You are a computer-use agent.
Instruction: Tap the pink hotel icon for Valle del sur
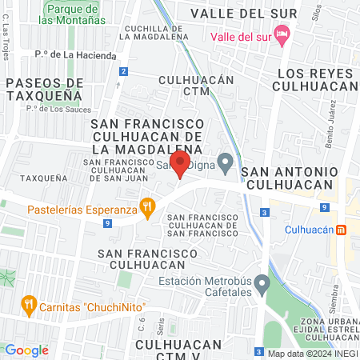coord(281,36)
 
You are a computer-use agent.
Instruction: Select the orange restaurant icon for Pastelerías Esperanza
coord(146,210)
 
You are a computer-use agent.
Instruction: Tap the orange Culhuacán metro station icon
coord(341,230)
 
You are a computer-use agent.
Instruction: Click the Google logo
coord(27,350)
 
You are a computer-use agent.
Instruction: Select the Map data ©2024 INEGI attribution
coord(311,353)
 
